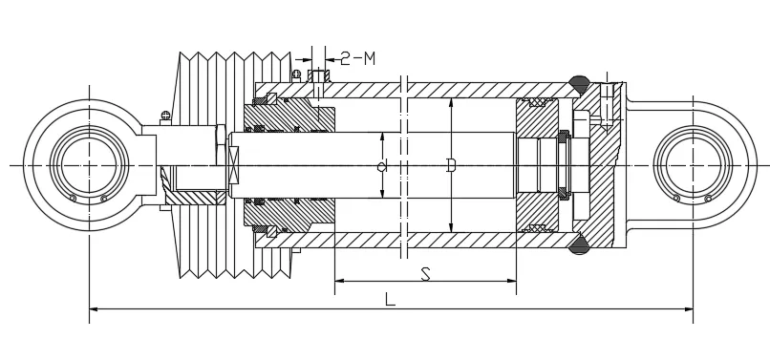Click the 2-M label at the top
[356, 59]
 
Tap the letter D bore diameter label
[451, 166]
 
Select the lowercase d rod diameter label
[381, 167]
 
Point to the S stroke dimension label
[425, 274]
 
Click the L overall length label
[389, 298]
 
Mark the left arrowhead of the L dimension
[93, 308]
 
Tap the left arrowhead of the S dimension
[339, 281]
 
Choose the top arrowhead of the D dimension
[451, 102]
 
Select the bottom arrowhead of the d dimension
[382, 195]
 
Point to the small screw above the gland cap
[297, 74]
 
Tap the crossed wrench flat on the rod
[232, 166]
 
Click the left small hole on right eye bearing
[676, 199]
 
